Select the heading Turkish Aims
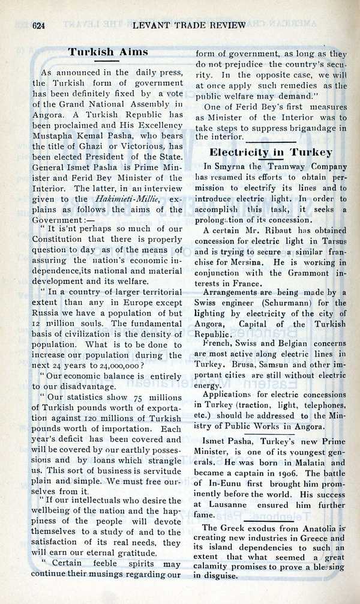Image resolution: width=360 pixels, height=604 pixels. (108, 52)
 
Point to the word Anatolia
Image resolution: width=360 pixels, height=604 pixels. (325, 531)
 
